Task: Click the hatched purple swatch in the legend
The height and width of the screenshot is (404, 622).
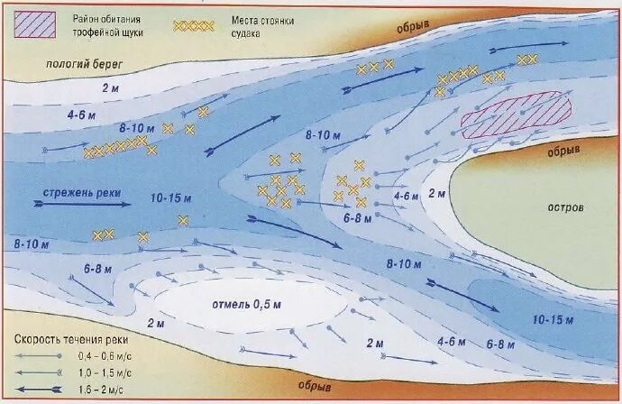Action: [x=32, y=23]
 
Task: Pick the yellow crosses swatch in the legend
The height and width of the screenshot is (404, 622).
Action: [x=193, y=25]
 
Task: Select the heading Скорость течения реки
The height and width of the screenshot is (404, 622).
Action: [x=70, y=340]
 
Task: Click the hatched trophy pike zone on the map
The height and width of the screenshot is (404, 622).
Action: [x=517, y=113]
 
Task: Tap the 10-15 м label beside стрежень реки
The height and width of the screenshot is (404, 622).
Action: [x=171, y=197]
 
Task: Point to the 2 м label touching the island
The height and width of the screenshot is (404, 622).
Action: [x=436, y=193]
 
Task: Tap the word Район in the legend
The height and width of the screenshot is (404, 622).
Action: [x=86, y=18]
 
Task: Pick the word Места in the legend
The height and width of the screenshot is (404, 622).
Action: [x=243, y=18]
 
